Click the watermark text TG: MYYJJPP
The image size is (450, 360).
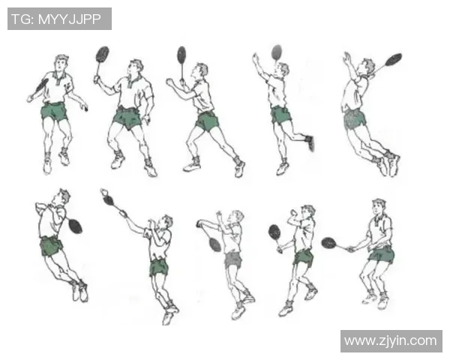tap(56, 19)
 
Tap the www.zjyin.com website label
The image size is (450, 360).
tap(391, 340)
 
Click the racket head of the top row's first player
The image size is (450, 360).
tap(42, 85)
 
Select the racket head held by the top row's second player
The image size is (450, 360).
tap(102, 54)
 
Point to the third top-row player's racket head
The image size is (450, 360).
tap(181, 55)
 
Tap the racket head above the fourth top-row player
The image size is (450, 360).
tap(277, 52)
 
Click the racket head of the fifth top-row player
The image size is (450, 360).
tap(393, 59)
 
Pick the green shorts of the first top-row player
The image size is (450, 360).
tap(54, 112)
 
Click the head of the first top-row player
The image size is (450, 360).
tap(61, 63)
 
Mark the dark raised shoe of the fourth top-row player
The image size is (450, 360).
tap(310, 143)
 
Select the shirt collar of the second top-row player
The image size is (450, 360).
tap(133, 81)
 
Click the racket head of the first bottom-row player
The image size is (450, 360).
tap(75, 226)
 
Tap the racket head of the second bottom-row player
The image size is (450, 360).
tap(109, 199)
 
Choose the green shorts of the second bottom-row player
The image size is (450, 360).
tap(158, 268)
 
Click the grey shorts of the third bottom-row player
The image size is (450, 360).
tap(232, 259)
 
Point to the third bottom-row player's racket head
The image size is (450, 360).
tap(215, 244)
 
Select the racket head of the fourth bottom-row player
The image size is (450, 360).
tap(274, 232)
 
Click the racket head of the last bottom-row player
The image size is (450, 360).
tap(329, 243)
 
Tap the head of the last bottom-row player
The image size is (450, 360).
tap(379, 207)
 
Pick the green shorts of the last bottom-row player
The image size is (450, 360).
tap(382, 255)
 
